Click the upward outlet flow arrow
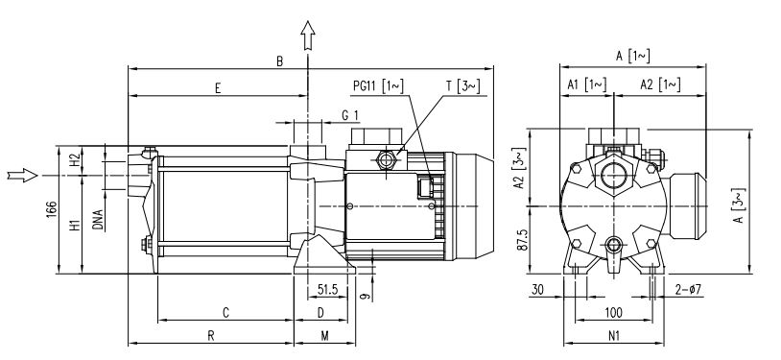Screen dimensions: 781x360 pyautogui.click(x=308, y=36)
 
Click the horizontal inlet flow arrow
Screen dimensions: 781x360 pyautogui.click(x=23, y=175)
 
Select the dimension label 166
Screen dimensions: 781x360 pyautogui.click(x=51, y=210)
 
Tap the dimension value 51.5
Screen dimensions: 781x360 pyautogui.click(x=328, y=289)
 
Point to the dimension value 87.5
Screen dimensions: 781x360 pyautogui.click(x=522, y=240)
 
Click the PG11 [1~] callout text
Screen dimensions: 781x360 pyautogui.click(x=378, y=85)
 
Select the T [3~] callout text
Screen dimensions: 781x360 pyautogui.click(x=463, y=85)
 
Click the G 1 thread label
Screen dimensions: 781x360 pyautogui.click(x=349, y=115)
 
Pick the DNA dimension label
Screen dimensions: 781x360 pyautogui.click(x=98, y=220)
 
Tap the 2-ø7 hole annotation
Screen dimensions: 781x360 pyautogui.click(x=688, y=289)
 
